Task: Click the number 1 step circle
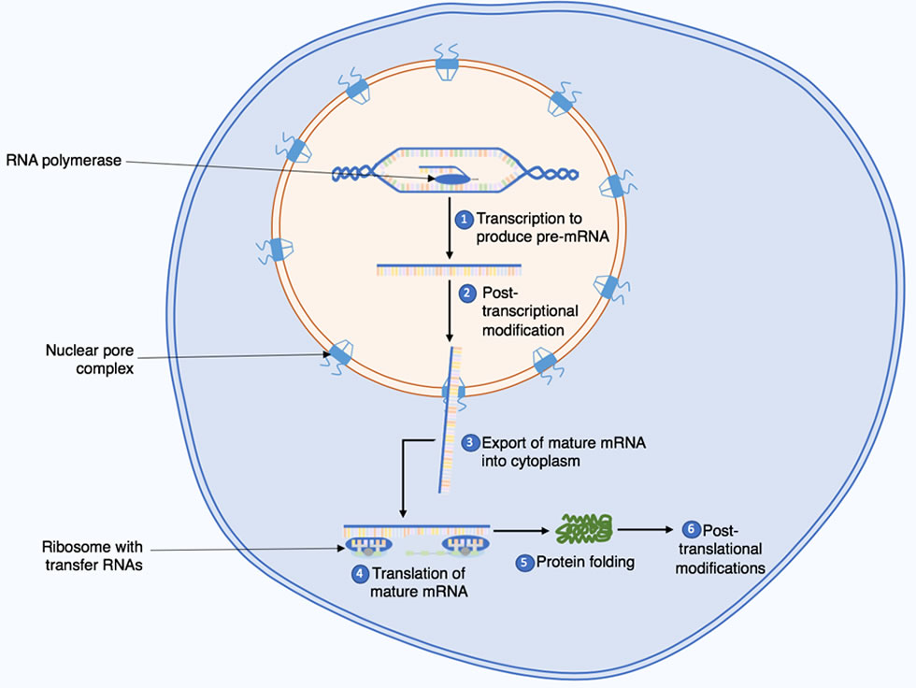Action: [464, 220]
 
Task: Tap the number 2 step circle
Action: [466, 294]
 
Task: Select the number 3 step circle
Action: [470, 443]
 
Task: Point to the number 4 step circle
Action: [359, 574]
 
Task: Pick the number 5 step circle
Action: [524, 563]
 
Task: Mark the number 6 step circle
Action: [691, 530]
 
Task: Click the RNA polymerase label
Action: [64, 161]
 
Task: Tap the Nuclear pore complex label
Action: [90, 359]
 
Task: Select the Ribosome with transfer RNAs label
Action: [93, 555]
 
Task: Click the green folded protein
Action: [583, 528]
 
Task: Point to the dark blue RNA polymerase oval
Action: [452, 179]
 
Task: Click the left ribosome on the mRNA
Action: [368, 546]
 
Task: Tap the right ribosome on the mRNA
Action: [465, 546]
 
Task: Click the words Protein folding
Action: [585, 562]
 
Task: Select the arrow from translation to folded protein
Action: [522, 531]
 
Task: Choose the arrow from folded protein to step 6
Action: [646, 530]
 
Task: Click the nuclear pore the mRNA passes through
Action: [453, 392]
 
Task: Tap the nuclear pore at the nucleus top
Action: [447, 63]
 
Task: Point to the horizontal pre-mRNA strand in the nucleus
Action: [449, 270]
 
